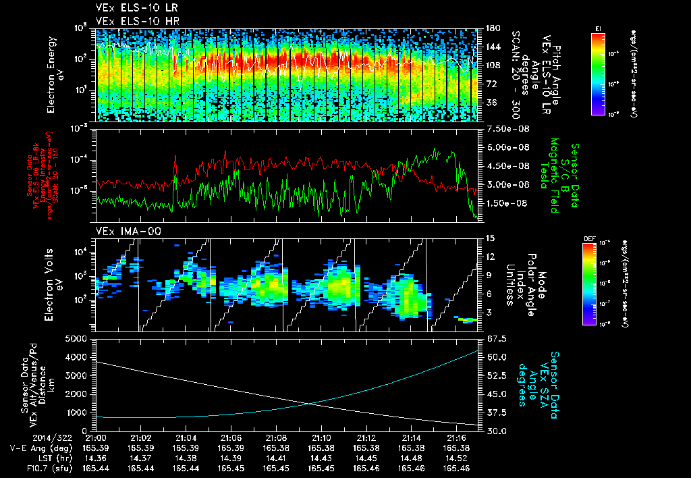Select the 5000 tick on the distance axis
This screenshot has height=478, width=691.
tap(79, 338)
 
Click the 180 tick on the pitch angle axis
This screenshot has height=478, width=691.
tap(492, 28)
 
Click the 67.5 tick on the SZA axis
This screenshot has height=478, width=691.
tap(493, 338)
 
